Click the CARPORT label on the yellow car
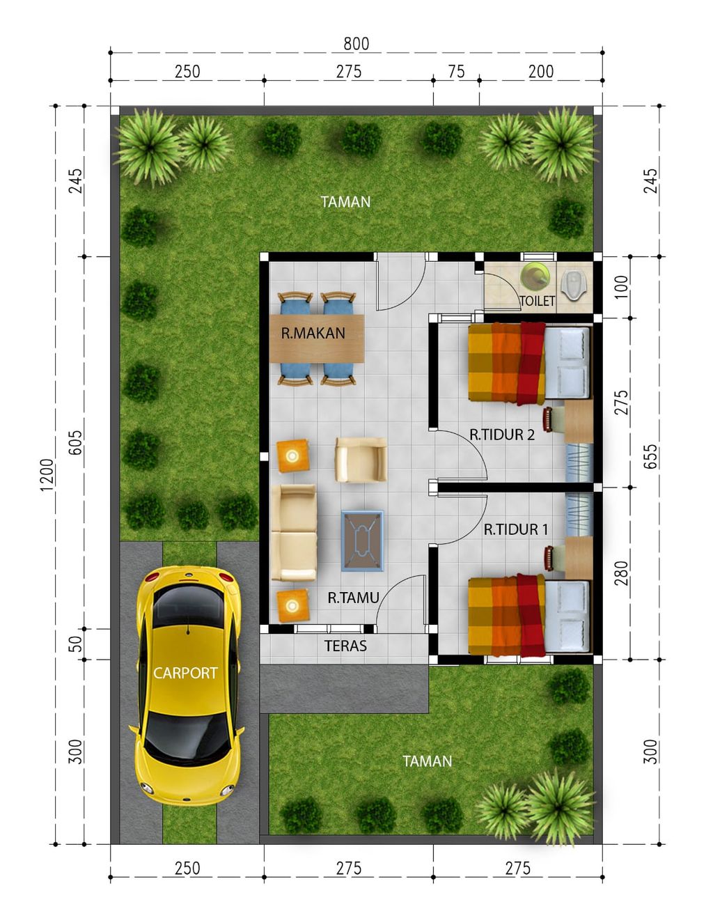[185, 673]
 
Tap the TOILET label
[537, 301]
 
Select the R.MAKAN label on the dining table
[313, 334]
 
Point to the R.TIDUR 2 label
[502, 435]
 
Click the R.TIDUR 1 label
[515, 529]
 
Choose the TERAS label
[345, 646]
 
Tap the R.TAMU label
[353, 598]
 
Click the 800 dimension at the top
[356, 43]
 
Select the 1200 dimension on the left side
[47, 475]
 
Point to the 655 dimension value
[650, 456]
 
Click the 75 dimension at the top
[456, 72]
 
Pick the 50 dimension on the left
[76, 644]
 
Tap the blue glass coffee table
[362, 541]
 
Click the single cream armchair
[361, 460]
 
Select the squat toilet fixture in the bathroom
[572, 286]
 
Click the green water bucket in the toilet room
[535, 275]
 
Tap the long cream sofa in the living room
[294, 532]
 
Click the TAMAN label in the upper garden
[345, 202]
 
